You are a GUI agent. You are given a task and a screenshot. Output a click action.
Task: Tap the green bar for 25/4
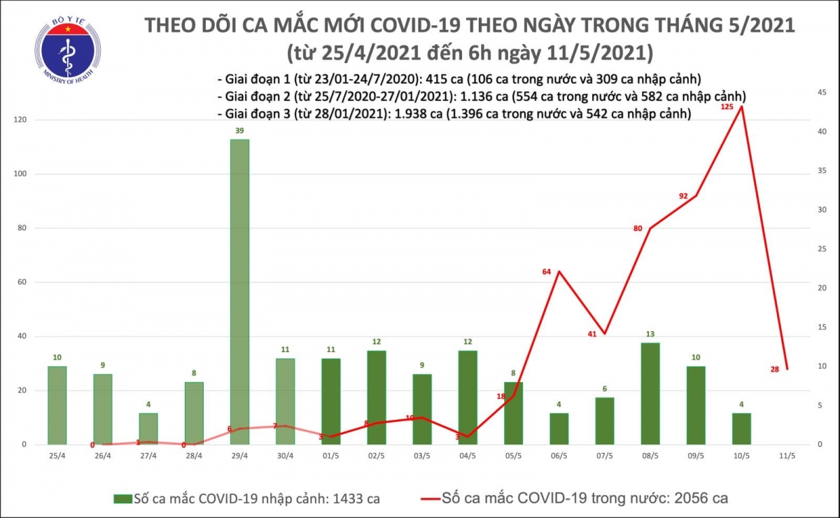coord(57,405)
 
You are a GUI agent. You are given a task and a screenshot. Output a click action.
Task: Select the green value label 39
coord(240,131)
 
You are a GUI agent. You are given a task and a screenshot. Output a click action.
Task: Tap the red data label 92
coord(684,196)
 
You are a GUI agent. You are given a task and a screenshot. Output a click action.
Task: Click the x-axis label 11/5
coord(787,455)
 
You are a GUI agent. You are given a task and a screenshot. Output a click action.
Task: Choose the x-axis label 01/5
coord(331,455)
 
